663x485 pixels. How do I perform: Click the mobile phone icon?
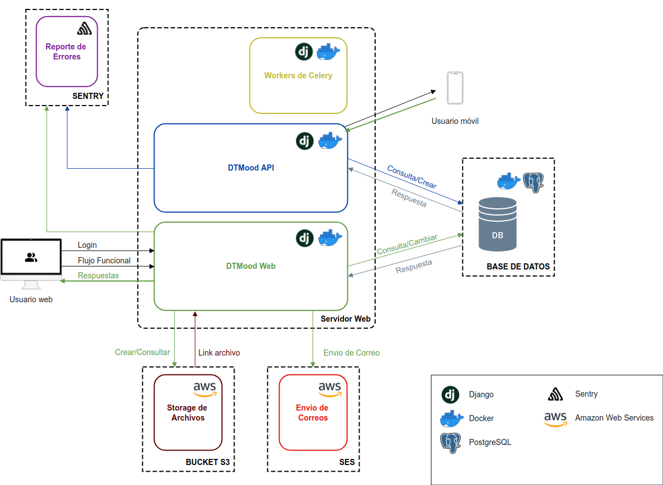(x=455, y=88)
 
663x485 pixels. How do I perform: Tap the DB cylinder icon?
(x=497, y=224)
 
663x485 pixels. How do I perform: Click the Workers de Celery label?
(x=298, y=76)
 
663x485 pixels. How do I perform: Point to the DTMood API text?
(x=251, y=167)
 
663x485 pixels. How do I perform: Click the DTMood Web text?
(x=251, y=266)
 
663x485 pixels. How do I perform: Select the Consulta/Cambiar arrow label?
(x=407, y=244)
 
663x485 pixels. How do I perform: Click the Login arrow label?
(x=87, y=245)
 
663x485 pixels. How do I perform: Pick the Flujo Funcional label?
(x=104, y=261)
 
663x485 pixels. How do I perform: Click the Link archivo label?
(x=219, y=353)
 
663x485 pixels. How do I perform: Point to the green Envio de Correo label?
(x=351, y=353)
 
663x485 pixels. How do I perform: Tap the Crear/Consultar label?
(x=142, y=352)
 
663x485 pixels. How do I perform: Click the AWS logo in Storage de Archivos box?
(x=205, y=389)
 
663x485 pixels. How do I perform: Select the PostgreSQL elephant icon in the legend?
(x=451, y=443)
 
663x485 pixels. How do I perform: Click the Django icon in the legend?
(x=450, y=394)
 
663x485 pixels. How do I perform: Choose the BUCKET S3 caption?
(x=207, y=462)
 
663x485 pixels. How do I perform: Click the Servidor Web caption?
(x=345, y=319)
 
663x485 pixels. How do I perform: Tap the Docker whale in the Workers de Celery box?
(x=328, y=52)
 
